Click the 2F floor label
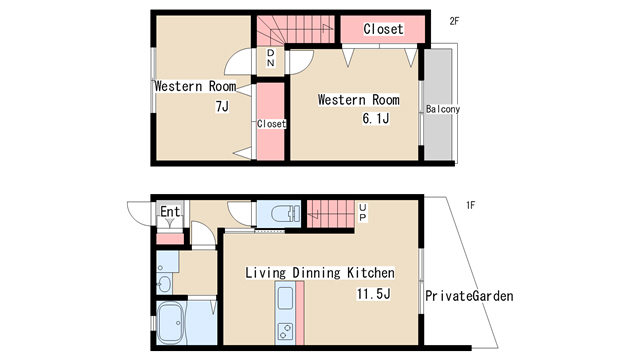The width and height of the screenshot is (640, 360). tap(454, 21)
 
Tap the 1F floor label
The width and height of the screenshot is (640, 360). tap(470, 205)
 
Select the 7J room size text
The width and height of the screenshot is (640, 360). tap(222, 107)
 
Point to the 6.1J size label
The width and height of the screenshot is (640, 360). tap(376, 118)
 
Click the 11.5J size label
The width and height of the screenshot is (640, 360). tap(373, 293)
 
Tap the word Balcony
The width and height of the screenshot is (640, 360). tap(443, 109)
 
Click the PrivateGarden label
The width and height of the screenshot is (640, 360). tap(469, 296)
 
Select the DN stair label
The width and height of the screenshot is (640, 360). tap(271, 58)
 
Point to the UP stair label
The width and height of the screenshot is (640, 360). tap(362, 213)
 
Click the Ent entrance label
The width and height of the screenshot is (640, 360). tap(170, 211)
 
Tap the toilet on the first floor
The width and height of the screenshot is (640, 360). tap(285, 214)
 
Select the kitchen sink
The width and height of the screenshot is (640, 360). tap(285, 298)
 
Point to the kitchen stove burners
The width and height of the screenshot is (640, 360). tap(285, 331)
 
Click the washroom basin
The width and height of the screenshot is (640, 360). tap(164, 284)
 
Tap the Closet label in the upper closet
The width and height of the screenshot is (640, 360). tap(383, 29)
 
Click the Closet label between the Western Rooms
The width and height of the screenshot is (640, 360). tap(271, 123)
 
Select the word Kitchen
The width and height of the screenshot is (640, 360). tap(371, 272)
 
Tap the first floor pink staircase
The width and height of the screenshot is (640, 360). tap(330, 214)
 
